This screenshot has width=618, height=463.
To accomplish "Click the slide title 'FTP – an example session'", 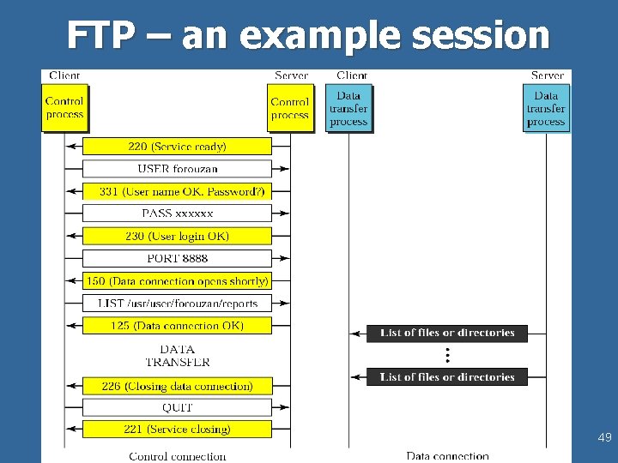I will [308, 36].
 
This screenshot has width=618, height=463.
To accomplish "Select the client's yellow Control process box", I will [64, 108].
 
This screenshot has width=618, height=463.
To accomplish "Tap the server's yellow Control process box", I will [289, 108].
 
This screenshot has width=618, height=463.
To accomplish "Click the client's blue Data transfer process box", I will [348, 109].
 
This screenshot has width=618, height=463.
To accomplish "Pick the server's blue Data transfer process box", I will [546, 109].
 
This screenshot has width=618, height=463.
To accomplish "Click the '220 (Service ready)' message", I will [177, 147].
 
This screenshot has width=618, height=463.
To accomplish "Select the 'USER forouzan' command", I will [177, 169].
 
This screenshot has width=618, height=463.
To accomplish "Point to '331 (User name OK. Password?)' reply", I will [177, 191].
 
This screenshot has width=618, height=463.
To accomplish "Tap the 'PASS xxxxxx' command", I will [177, 213].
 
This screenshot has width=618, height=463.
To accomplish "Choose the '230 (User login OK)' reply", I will [177, 236].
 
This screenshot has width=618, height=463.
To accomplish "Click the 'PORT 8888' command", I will [177, 258].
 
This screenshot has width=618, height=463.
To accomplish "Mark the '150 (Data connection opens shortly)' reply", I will [177, 280].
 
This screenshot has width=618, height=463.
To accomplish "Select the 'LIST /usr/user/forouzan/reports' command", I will [177, 303].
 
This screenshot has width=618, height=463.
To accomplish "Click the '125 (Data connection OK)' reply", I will [177, 326].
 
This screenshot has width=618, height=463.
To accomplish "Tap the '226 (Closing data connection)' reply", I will [177, 386].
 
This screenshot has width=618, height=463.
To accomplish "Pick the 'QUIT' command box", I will [177, 407].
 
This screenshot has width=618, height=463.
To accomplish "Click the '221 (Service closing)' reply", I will [177, 429].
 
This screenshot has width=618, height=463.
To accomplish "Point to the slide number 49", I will [604, 438].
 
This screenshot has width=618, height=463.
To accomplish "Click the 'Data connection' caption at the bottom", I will [447, 456].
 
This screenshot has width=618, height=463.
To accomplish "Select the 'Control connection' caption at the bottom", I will [177, 456].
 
